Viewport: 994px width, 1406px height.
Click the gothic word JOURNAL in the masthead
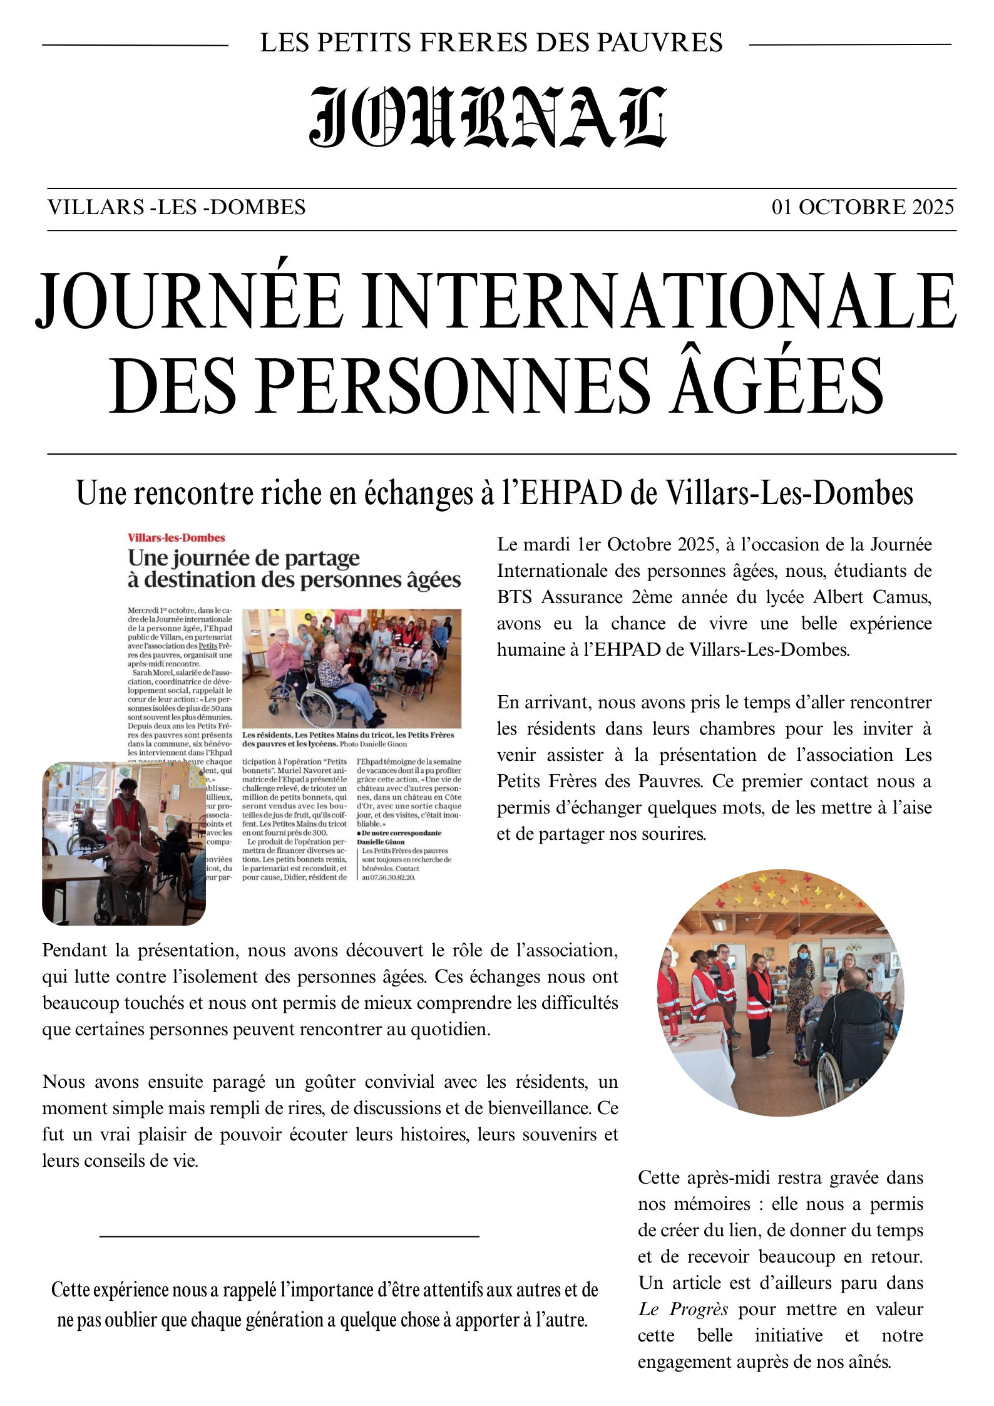pyautogui.click(x=488, y=117)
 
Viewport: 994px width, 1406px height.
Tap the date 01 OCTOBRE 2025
pyautogui.click(x=863, y=207)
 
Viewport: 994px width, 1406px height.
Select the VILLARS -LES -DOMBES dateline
pyautogui.click(x=177, y=207)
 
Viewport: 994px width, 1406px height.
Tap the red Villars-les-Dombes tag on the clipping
pyautogui.click(x=176, y=538)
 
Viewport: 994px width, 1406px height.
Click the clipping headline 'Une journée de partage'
pyautogui.click(x=243, y=558)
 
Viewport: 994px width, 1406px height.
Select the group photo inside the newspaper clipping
pyautogui.click(x=351, y=668)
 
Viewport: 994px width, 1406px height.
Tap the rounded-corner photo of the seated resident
pyautogui.click(x=124, y=843)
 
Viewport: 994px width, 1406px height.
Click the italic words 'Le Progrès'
pyautogui.click(x=683, y=1310)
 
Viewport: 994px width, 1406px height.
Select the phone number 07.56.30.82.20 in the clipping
pyautogui.click(x=392, y=878)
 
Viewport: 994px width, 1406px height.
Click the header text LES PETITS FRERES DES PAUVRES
pyautogui.click(x=491, y=43)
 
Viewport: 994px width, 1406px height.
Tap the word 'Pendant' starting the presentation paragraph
pyautogui.click(x=74, y=951)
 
